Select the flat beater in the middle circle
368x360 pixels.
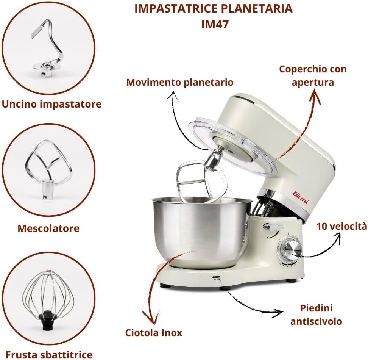click(x=48, y=167)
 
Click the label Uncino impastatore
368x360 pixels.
click(x=52, y=104)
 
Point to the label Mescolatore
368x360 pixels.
click(x=48, y=228)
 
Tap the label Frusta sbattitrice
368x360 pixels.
click(x=49, y=354)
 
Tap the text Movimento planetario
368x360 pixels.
click(x=180, y=82)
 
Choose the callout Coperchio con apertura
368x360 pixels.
click(x=313, y=75)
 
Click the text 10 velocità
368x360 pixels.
click(x=341, y=226)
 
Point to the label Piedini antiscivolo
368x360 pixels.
click(x=316, y=315)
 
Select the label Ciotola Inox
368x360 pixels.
click(x=154, y=333)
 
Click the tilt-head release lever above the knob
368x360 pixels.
click(x=273, y=227)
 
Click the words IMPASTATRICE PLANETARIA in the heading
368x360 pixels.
click(x=213, y=8)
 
